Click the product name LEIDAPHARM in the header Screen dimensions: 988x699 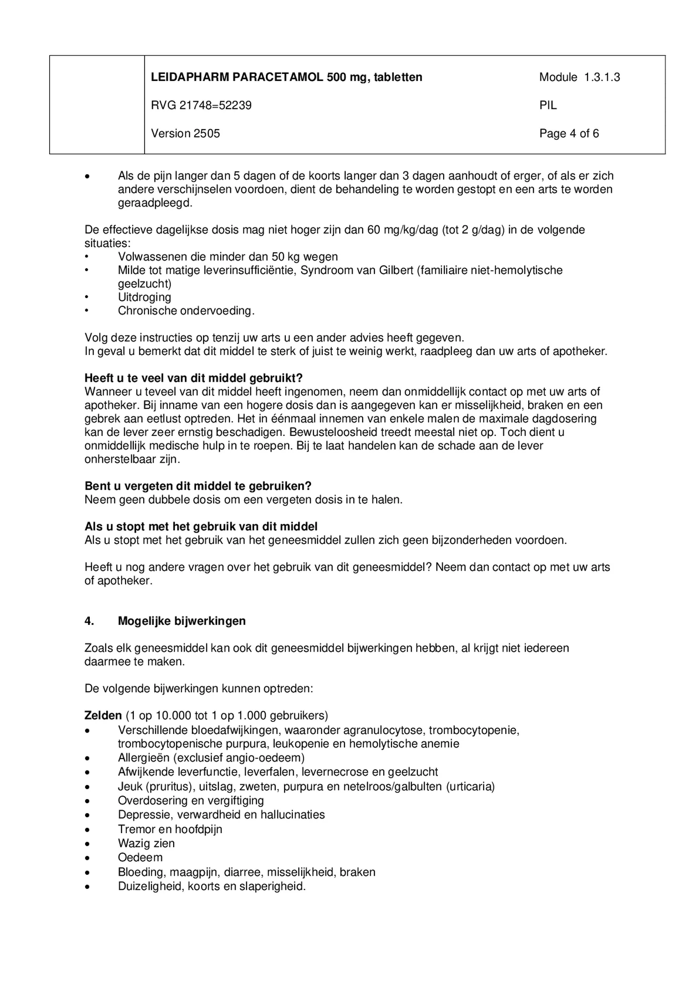click(x=189, y=77)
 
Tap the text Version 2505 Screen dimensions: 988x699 click(x=185, y=133)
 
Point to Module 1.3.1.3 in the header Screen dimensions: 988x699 click(x=579, y=77)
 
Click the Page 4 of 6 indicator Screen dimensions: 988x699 click(x=569, y=133)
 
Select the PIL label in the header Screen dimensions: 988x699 click(x=548, y=105)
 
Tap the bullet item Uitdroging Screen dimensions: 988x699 click(x=144, y=297)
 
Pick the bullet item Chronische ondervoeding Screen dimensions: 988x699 click(x=186, y=311)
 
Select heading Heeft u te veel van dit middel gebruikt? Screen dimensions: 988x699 click(x=193, y=378)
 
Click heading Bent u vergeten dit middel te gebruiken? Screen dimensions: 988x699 click(x=197, y=486)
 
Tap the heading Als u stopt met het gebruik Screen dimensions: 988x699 click(x=201, y=526)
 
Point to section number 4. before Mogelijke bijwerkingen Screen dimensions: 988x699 click(x=89, y=621)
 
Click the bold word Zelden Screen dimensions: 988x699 click(x=103, y=715)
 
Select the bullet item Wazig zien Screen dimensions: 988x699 click(x=146, y=843)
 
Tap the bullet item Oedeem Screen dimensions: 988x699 click(x=140, y=857)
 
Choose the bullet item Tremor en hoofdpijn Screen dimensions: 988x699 click(x=170, y=829)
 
